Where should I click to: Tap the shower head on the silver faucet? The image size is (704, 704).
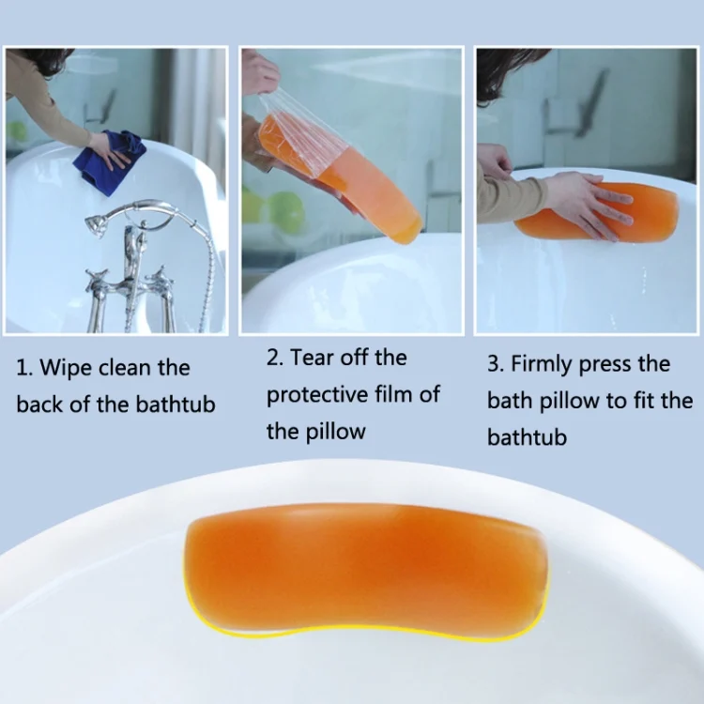(x=97, y=223)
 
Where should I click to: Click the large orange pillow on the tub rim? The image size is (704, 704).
(x=366, y=570)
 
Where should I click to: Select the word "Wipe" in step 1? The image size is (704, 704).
(x=67, y=367)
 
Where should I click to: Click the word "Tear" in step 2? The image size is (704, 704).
(x=313, y=358)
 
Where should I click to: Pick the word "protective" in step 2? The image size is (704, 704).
(x=317, y=395)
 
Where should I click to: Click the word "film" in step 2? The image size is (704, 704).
(x=394, y=393)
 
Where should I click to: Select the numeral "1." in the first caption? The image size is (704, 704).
(x=24, y=368)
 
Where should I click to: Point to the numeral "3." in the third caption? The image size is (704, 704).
(x=496, y=364)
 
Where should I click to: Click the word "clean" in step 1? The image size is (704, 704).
(x=124, y=367)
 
